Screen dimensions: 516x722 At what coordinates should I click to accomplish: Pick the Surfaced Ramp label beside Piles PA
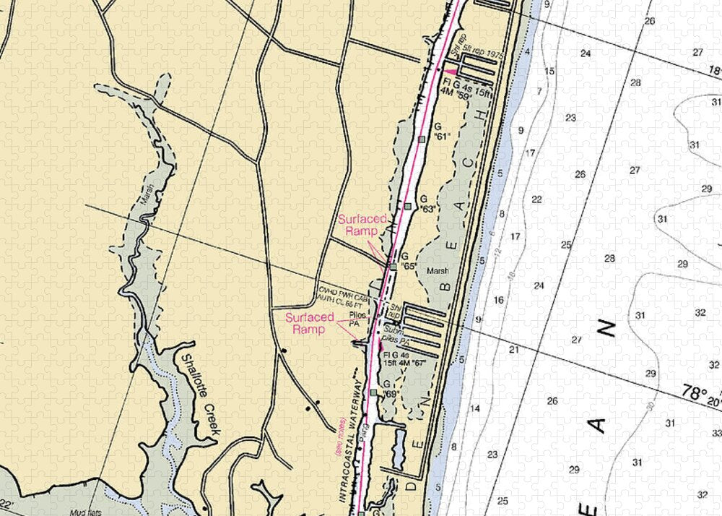coord(310,323)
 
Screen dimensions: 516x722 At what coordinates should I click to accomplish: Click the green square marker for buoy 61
coord(422,139)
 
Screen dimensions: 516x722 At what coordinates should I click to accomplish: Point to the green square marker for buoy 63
coord(408,207)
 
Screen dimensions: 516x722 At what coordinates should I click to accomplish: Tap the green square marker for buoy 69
coord(373,392)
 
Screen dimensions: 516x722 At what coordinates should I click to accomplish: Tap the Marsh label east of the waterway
coord(438,271)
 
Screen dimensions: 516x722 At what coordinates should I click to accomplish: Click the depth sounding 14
coord(475,409)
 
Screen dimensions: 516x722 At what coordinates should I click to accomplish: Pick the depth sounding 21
coord(514,350)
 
